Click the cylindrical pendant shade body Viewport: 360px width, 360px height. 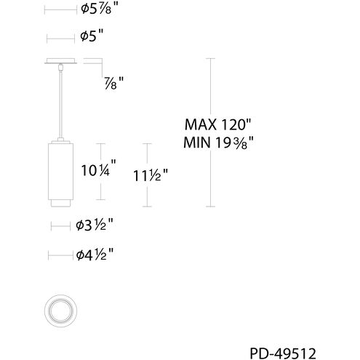click(62, 169)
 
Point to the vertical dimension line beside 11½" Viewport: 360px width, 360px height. click(149, 175)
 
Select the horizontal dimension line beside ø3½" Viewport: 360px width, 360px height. click(61, 227)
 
